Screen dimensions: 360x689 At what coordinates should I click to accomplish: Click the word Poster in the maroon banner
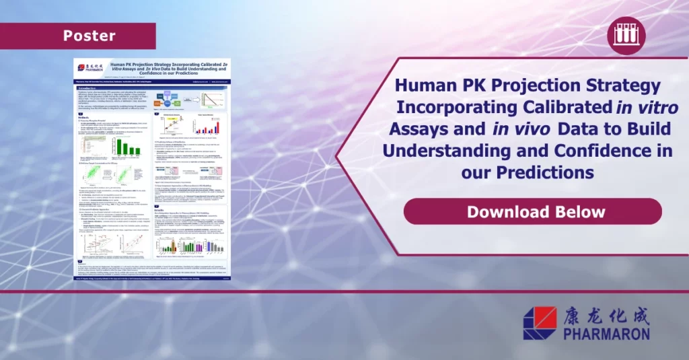tap(89, 36)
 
